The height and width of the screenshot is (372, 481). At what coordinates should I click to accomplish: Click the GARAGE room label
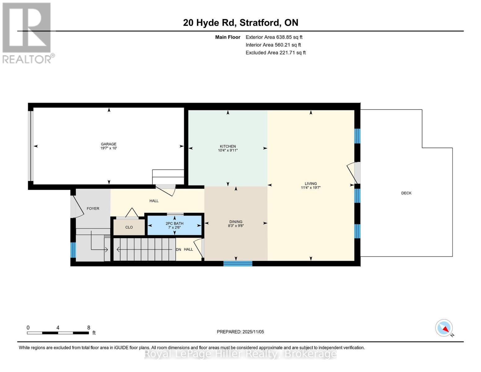[108, 144]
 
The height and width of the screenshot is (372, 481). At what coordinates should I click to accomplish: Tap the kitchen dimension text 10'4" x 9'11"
[228, 151]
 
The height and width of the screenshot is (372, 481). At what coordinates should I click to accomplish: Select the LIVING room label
[311, 184]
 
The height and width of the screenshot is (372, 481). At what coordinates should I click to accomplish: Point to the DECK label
[406, 193]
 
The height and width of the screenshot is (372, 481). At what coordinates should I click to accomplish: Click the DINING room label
[236, 222]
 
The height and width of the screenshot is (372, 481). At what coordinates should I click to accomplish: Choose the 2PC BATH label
[174, 224]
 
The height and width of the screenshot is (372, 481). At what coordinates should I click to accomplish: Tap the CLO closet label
[129, 227]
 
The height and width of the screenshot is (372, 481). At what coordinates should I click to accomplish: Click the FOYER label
[93, 209]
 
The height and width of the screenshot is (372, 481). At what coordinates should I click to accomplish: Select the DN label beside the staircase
[178, 250]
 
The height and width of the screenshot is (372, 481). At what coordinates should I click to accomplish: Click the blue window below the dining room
[238, 264]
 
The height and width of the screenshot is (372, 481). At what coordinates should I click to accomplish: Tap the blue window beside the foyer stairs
[73, 250]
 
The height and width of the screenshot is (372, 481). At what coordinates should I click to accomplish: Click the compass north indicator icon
[444, 328]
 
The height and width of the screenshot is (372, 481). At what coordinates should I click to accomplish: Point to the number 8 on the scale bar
[89, 328]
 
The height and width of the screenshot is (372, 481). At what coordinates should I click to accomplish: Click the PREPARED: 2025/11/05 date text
[240, 332]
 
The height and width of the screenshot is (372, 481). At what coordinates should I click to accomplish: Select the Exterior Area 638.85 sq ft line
[274, 37]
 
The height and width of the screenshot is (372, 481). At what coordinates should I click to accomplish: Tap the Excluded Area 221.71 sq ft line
[275, 53]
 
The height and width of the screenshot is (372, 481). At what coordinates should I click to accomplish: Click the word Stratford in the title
[260, 23]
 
